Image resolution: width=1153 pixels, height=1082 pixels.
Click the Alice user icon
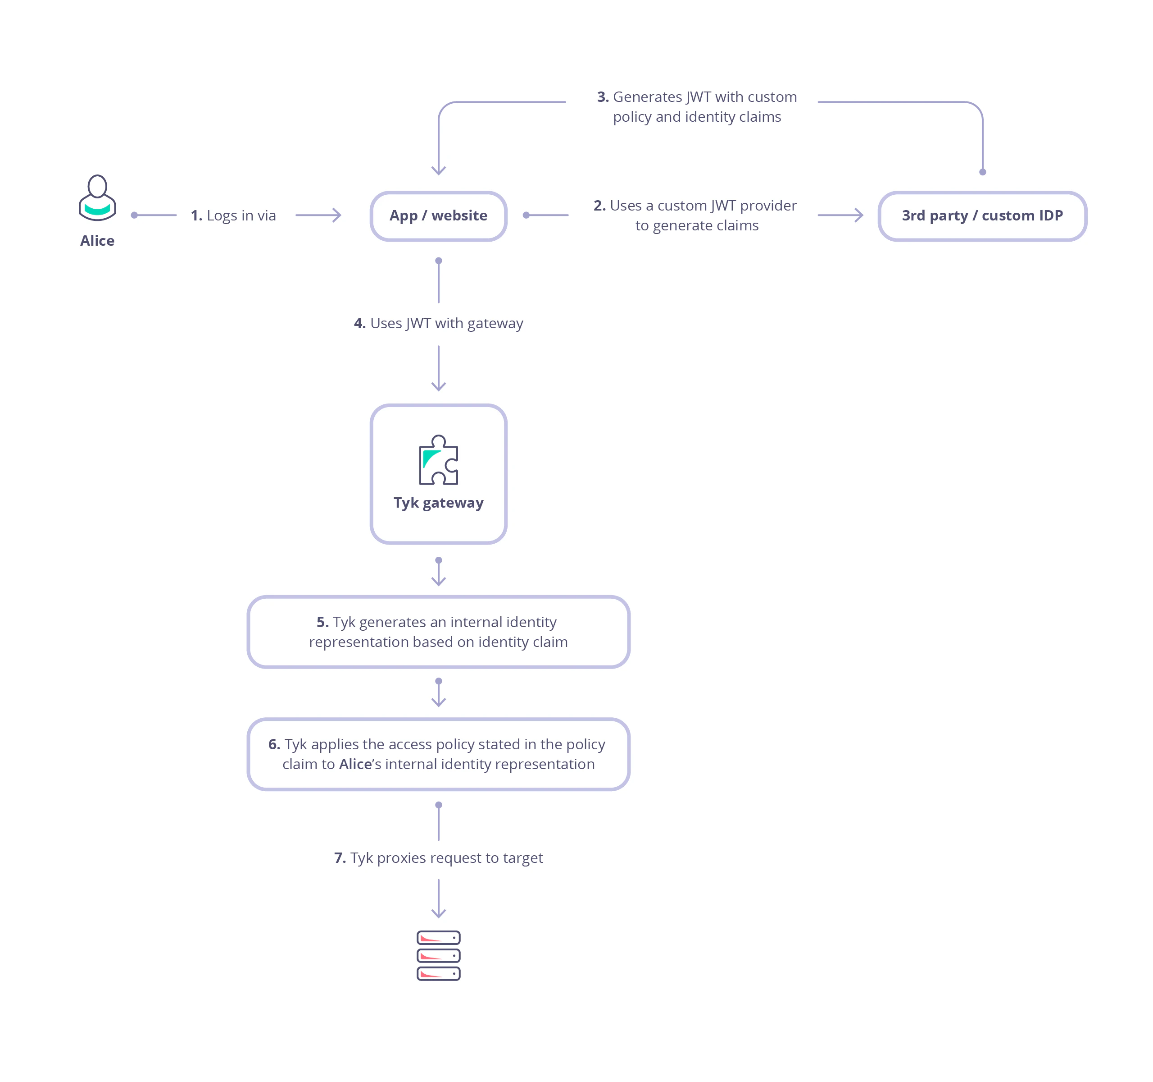pos(97,198)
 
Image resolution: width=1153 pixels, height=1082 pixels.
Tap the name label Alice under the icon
pos(97,240)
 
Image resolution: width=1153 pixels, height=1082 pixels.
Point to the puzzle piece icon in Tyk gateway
pos(439,460)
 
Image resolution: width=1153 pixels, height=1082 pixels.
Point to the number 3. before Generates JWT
pos(603,97)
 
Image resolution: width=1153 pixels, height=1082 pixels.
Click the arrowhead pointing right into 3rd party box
pos(859,215)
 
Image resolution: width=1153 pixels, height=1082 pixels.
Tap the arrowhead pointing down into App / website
pos(439,170)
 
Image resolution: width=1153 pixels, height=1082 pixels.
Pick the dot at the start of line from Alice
pos(134,215)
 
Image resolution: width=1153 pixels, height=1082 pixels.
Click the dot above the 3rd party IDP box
pos(982,172)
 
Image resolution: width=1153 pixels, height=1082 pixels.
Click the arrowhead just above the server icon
pos(439,913)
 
